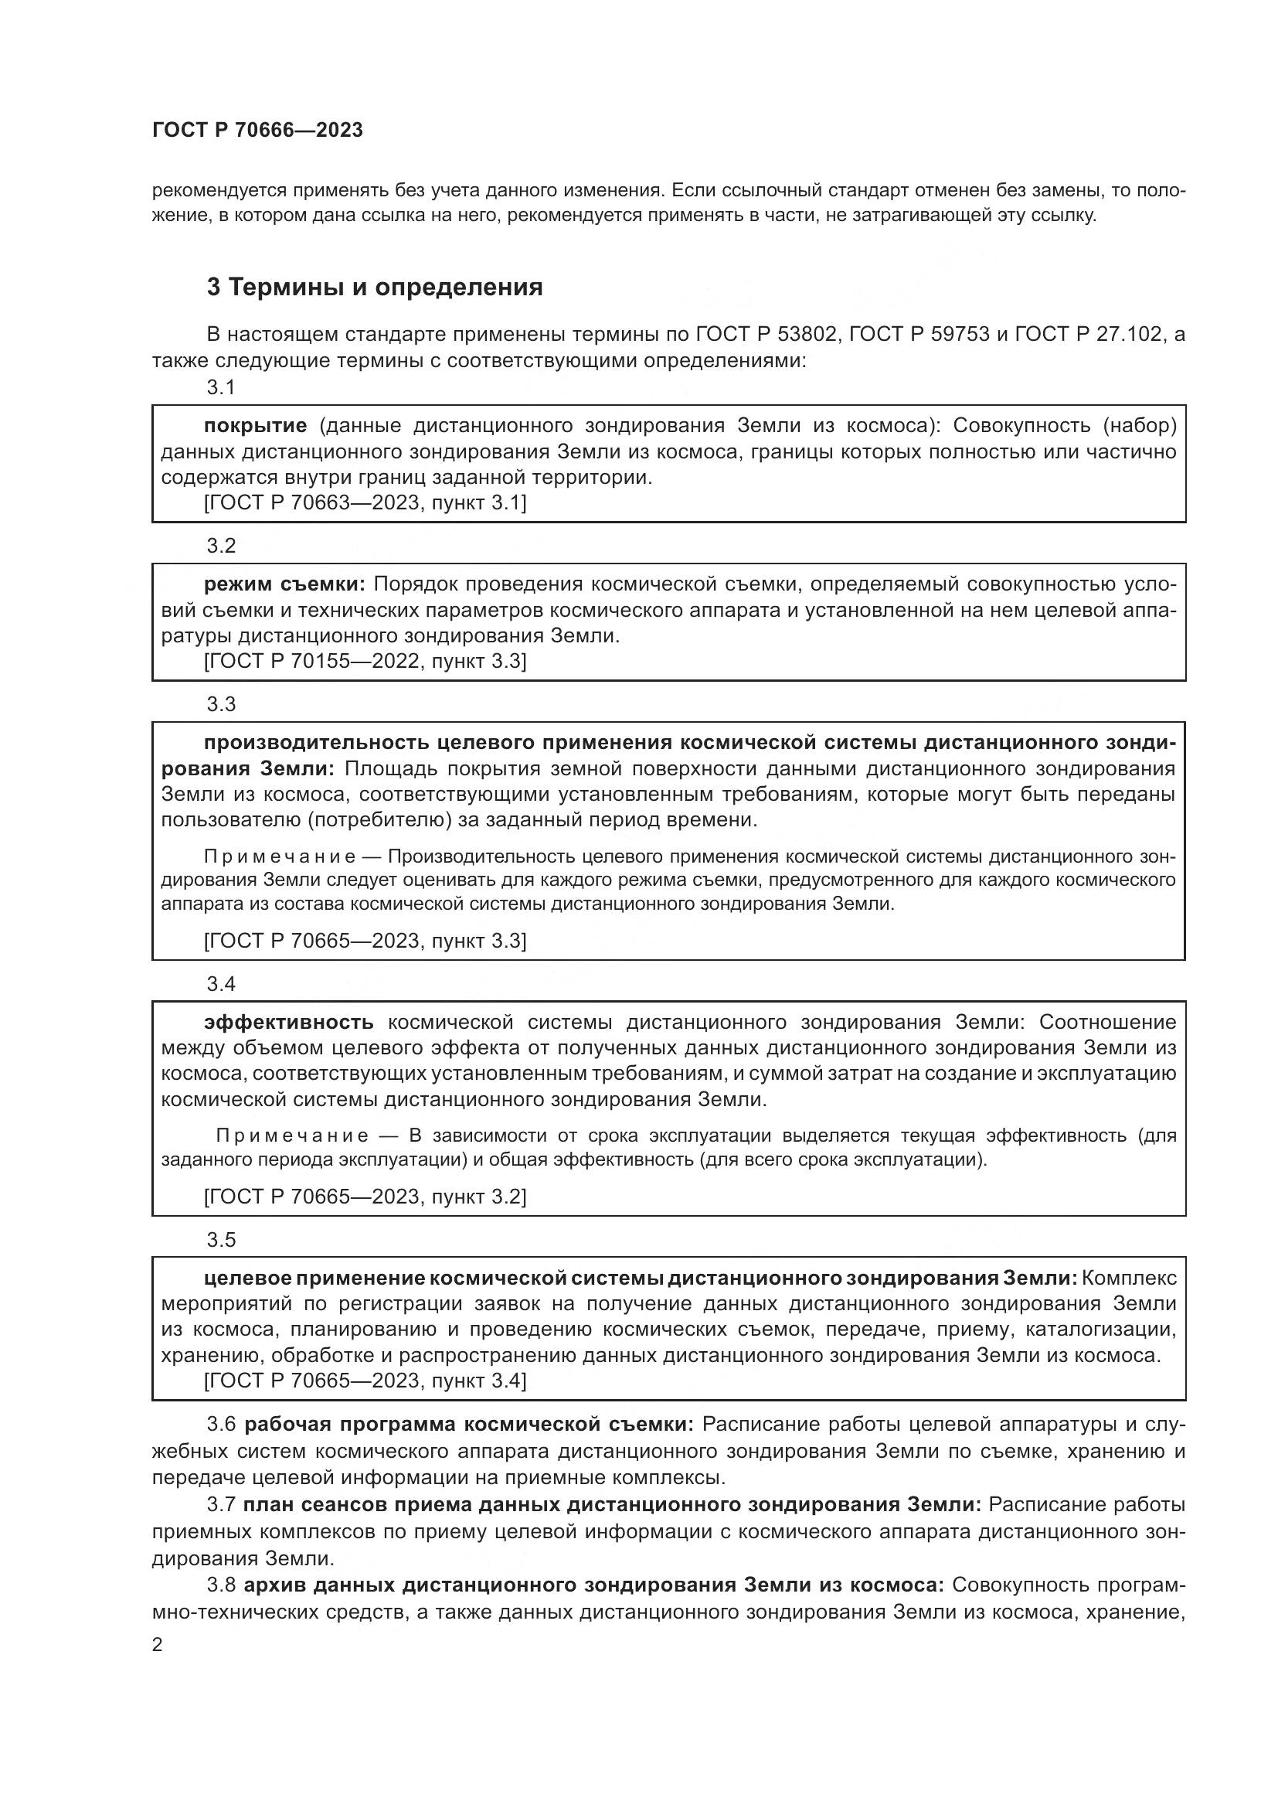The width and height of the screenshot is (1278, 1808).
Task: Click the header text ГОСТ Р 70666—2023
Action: click(257, 130)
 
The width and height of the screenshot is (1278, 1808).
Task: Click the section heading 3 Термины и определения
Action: click(375, 288)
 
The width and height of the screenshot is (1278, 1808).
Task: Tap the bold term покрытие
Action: click(255, 426)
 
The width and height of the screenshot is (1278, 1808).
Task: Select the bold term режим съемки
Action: click(284, 584)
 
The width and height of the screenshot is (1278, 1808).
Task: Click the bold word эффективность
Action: click(289, 1022)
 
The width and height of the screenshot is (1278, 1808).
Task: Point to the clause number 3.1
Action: click(221, 387)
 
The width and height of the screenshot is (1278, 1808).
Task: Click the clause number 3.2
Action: click(221, 546)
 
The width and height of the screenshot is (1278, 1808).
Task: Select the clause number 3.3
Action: click(221, 704)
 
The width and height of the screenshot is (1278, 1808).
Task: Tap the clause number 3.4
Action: click(221, 983)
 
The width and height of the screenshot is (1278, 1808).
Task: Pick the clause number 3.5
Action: click(221, 1239)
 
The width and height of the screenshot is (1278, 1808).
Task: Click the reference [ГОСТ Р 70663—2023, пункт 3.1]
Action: click(365, 502)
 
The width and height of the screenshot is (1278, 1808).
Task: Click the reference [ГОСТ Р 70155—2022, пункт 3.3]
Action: click(365, 661)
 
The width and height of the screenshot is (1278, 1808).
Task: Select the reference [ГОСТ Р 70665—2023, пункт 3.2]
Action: click(365, 1196)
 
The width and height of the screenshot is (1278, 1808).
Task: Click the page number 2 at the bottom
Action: click(158, 1645)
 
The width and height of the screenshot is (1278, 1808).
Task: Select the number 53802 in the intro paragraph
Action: click(806, 335)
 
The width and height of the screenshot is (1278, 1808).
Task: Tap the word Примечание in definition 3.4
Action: click(292, 1136)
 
